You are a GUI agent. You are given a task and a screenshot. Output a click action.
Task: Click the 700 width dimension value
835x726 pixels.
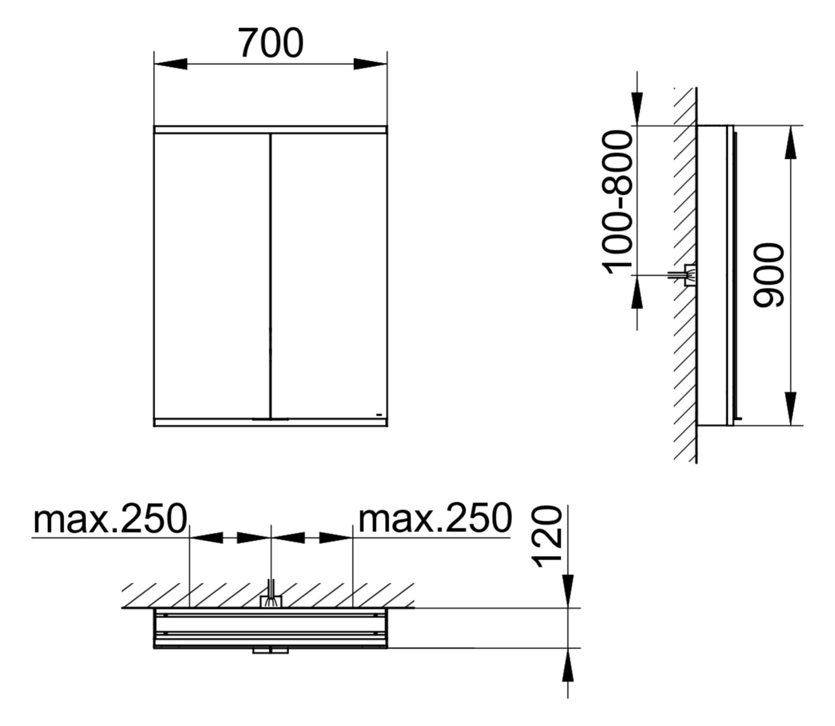click(271, 44)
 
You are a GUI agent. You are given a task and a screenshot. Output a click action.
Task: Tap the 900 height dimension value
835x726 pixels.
click(768, 275)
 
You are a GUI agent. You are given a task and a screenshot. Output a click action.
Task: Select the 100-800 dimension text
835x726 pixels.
click(618, 202)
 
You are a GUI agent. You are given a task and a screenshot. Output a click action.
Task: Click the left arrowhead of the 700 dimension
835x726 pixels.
click(170, 64)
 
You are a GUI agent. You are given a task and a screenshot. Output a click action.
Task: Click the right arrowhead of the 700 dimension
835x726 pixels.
click(370, 64)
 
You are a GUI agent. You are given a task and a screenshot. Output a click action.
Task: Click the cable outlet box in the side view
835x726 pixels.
click(689, 275)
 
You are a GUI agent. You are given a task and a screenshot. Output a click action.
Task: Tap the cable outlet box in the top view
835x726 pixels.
click(271, 601)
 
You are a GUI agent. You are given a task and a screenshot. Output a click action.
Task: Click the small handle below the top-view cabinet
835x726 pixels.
click(271, 651)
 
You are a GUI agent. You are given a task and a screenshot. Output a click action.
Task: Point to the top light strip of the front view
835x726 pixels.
click(271, 130)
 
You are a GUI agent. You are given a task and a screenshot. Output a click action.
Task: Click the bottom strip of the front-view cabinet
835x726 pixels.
click(271, 422)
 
